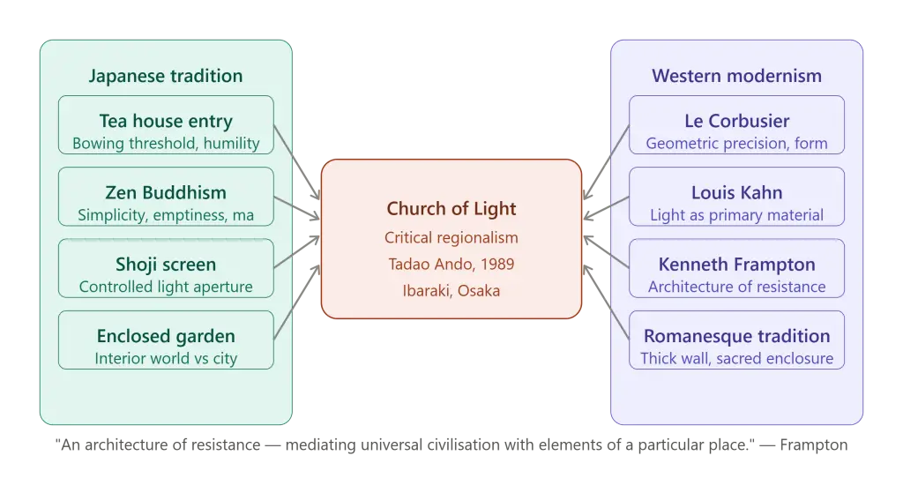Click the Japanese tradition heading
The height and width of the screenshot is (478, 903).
166,76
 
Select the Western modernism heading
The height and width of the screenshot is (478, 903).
736,76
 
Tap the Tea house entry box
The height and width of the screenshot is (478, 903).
166,125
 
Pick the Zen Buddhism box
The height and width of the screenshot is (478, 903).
166,197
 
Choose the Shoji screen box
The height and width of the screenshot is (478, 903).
166,268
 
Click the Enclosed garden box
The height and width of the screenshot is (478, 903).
166,340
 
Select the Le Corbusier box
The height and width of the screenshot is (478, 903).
736,125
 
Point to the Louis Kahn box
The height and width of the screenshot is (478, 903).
736,197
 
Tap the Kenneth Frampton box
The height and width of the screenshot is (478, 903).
736,268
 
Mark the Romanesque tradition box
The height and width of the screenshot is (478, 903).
736,340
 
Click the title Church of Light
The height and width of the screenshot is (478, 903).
451,208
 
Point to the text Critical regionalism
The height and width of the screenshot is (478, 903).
451,238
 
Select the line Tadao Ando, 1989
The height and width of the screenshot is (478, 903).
451,265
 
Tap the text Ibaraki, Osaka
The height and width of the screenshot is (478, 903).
451,291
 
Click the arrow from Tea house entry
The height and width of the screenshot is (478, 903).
296,162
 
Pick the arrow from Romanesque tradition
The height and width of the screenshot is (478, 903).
606,302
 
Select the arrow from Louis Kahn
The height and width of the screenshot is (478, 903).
606,208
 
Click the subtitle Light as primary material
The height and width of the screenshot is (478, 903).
736,215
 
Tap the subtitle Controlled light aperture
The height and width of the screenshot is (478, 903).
166,287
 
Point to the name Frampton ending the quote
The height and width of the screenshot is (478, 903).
814,445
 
